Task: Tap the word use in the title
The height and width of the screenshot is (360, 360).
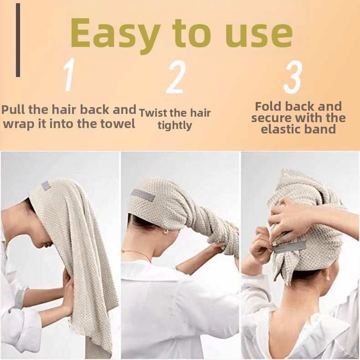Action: pos(258,35)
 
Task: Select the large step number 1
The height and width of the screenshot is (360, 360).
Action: pos(69,75)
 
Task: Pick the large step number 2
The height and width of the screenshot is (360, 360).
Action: pos(176,77)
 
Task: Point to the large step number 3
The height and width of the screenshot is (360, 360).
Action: pos(292,77)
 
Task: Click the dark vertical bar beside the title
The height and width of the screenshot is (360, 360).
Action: pos(18,40)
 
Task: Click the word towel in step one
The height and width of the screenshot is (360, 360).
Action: pos(118,123)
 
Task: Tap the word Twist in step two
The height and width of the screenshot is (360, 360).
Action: pos(154,113)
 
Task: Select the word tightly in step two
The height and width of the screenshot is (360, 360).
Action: pos(175,126)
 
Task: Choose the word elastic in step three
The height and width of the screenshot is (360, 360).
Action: pos(282,129)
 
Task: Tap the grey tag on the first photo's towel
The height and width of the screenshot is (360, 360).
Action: pos(46,185)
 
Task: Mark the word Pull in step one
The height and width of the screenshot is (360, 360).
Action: pos(14,109)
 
